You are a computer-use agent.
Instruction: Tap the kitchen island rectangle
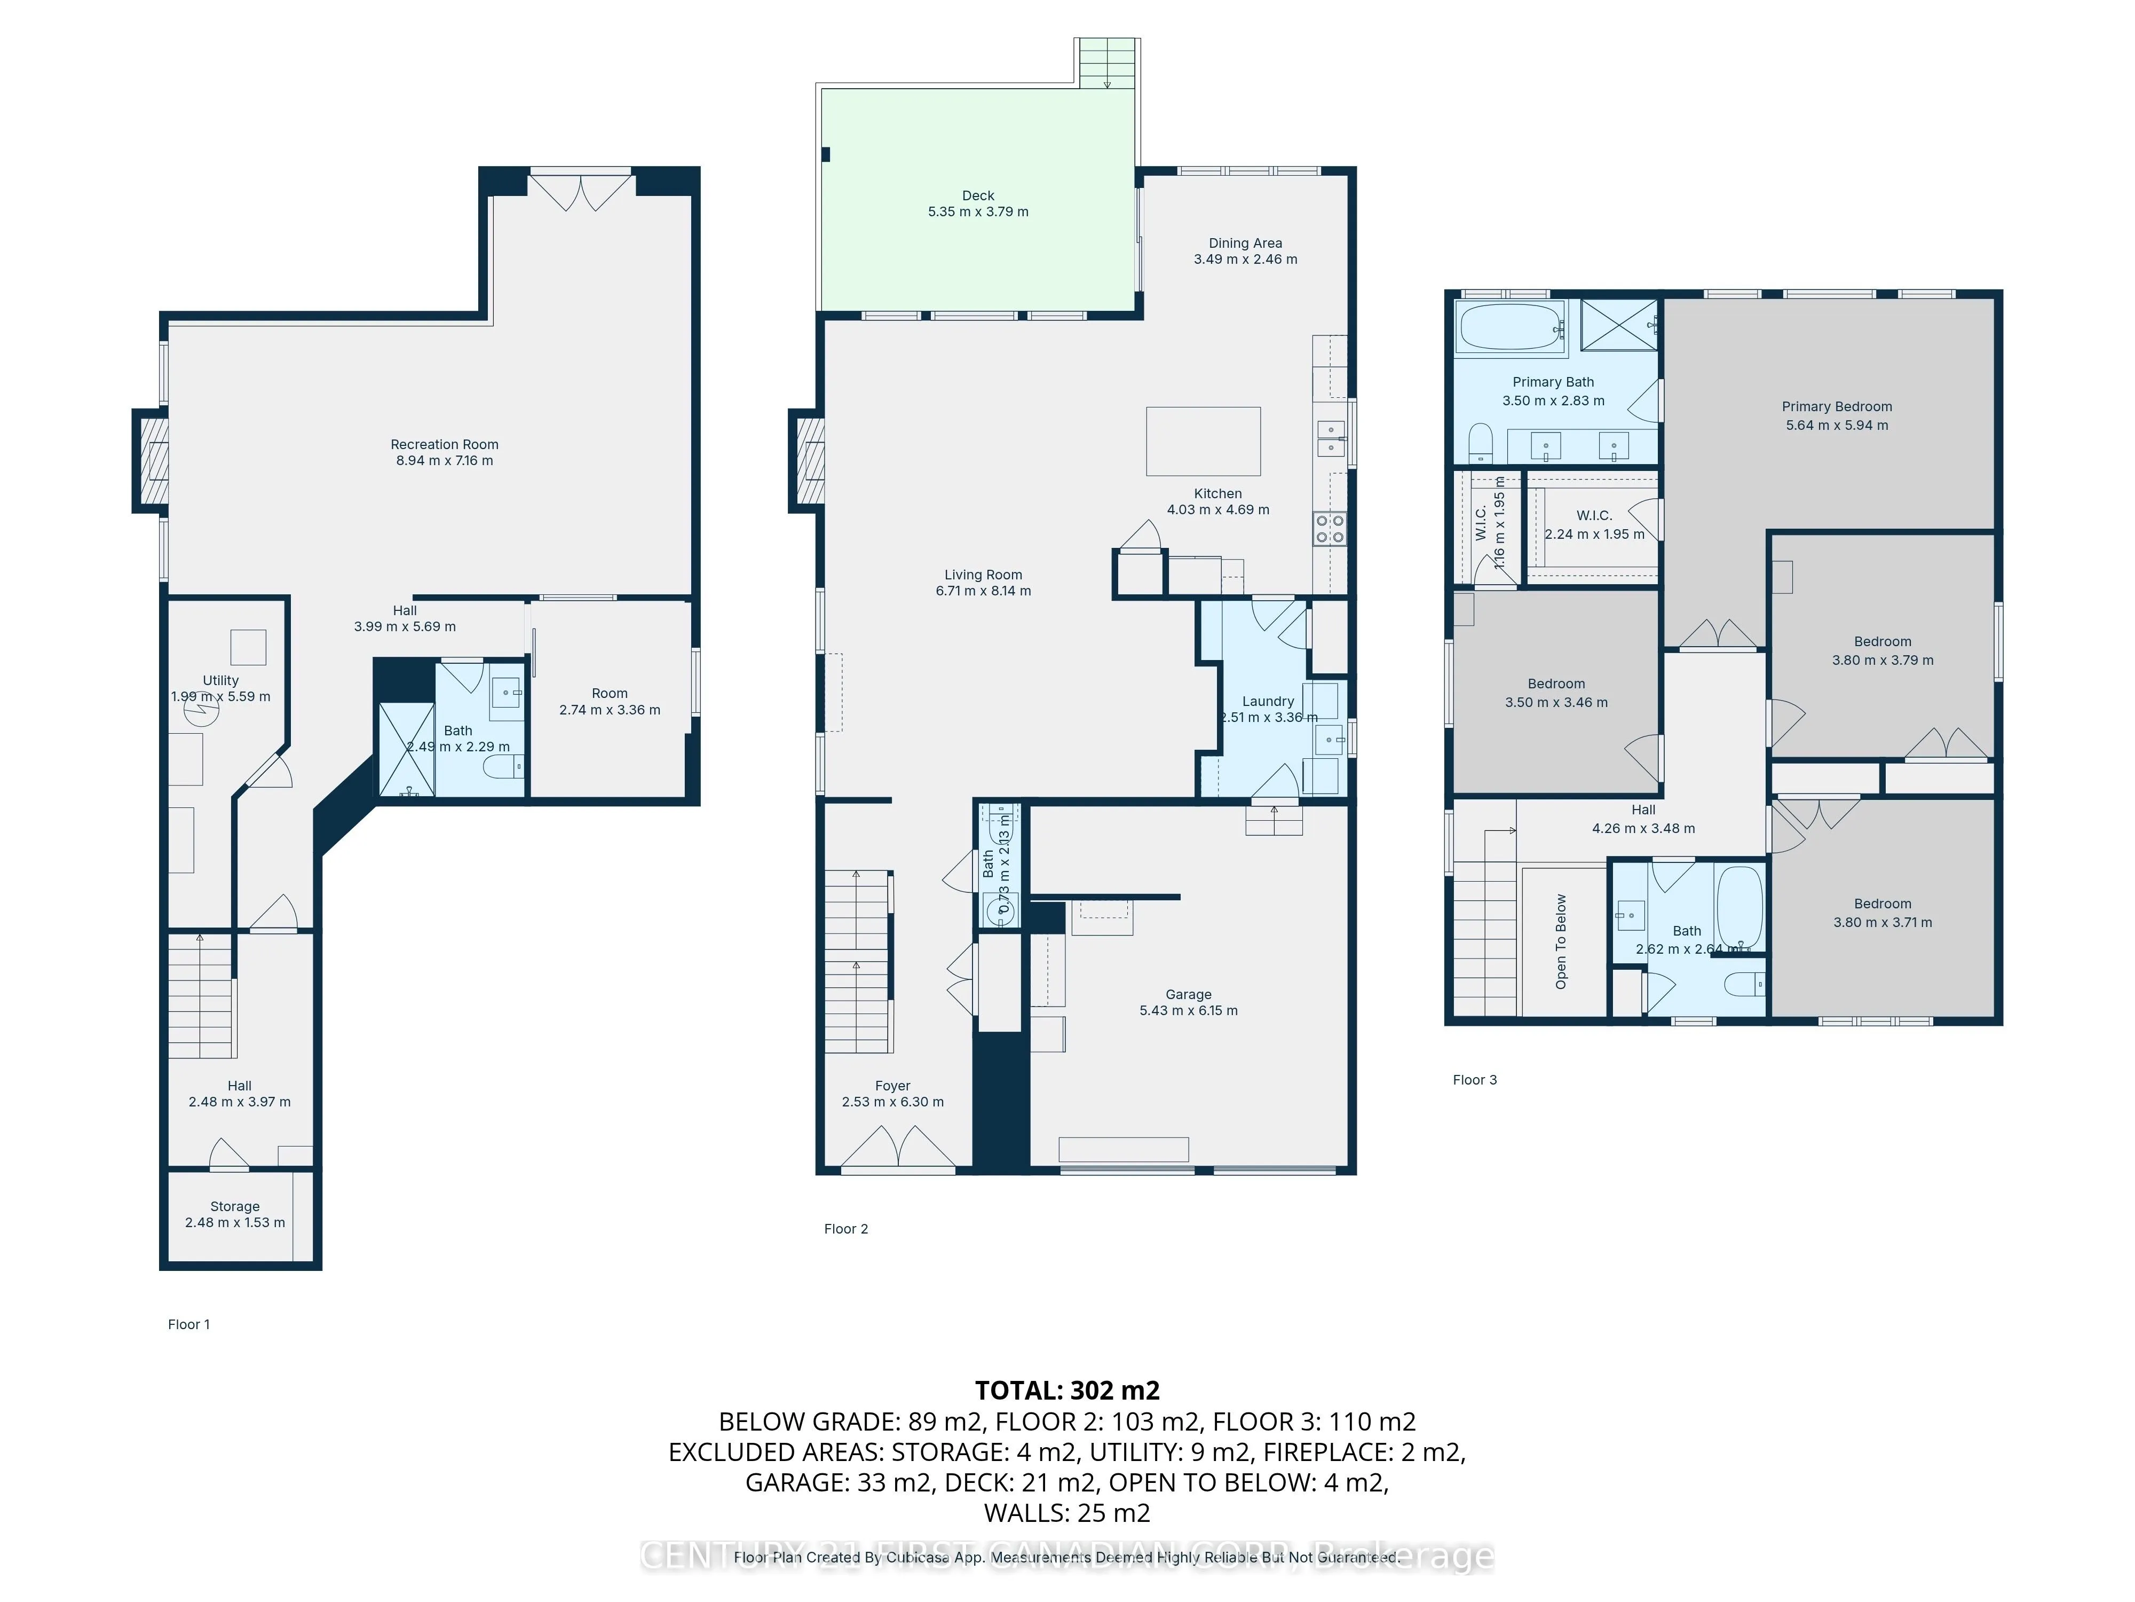click(x=1203, y=441)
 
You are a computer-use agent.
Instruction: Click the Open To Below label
click(x=1561, y=941)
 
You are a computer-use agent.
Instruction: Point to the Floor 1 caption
click(x=188, y=1324)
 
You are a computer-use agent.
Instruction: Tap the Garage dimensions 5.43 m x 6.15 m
click(x=1188, y=1010)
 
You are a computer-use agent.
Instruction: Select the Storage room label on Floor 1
click(x=234, y=1206)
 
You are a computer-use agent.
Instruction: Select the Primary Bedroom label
click(x=1836, y=406)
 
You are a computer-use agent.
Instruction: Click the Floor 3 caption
click(x=1474, y=1080)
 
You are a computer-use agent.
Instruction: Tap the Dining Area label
click(x=1245, y=244)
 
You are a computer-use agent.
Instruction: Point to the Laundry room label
click(x=1267, y=701)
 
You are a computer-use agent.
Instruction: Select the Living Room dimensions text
click(x=983, y=591)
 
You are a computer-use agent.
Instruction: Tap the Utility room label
click(x=220, y=680)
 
